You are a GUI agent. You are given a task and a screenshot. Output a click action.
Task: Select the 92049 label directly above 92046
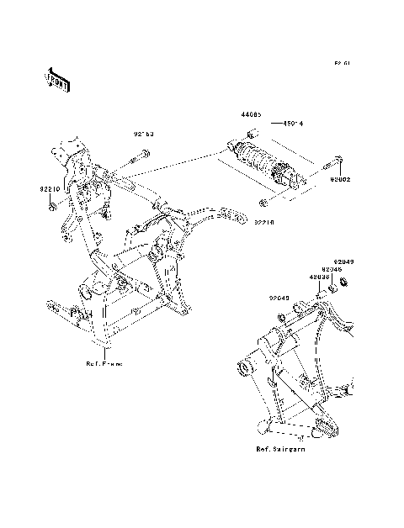pyautogui.click(x=343, y=261)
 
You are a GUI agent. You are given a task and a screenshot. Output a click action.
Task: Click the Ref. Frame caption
pyautogui.click(x=104, y=364)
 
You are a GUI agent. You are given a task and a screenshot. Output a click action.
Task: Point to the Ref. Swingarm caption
pyautogui.click(x=280, y=450)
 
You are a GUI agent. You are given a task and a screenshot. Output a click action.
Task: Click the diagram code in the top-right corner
pyautogui.click(x=341, y=63)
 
